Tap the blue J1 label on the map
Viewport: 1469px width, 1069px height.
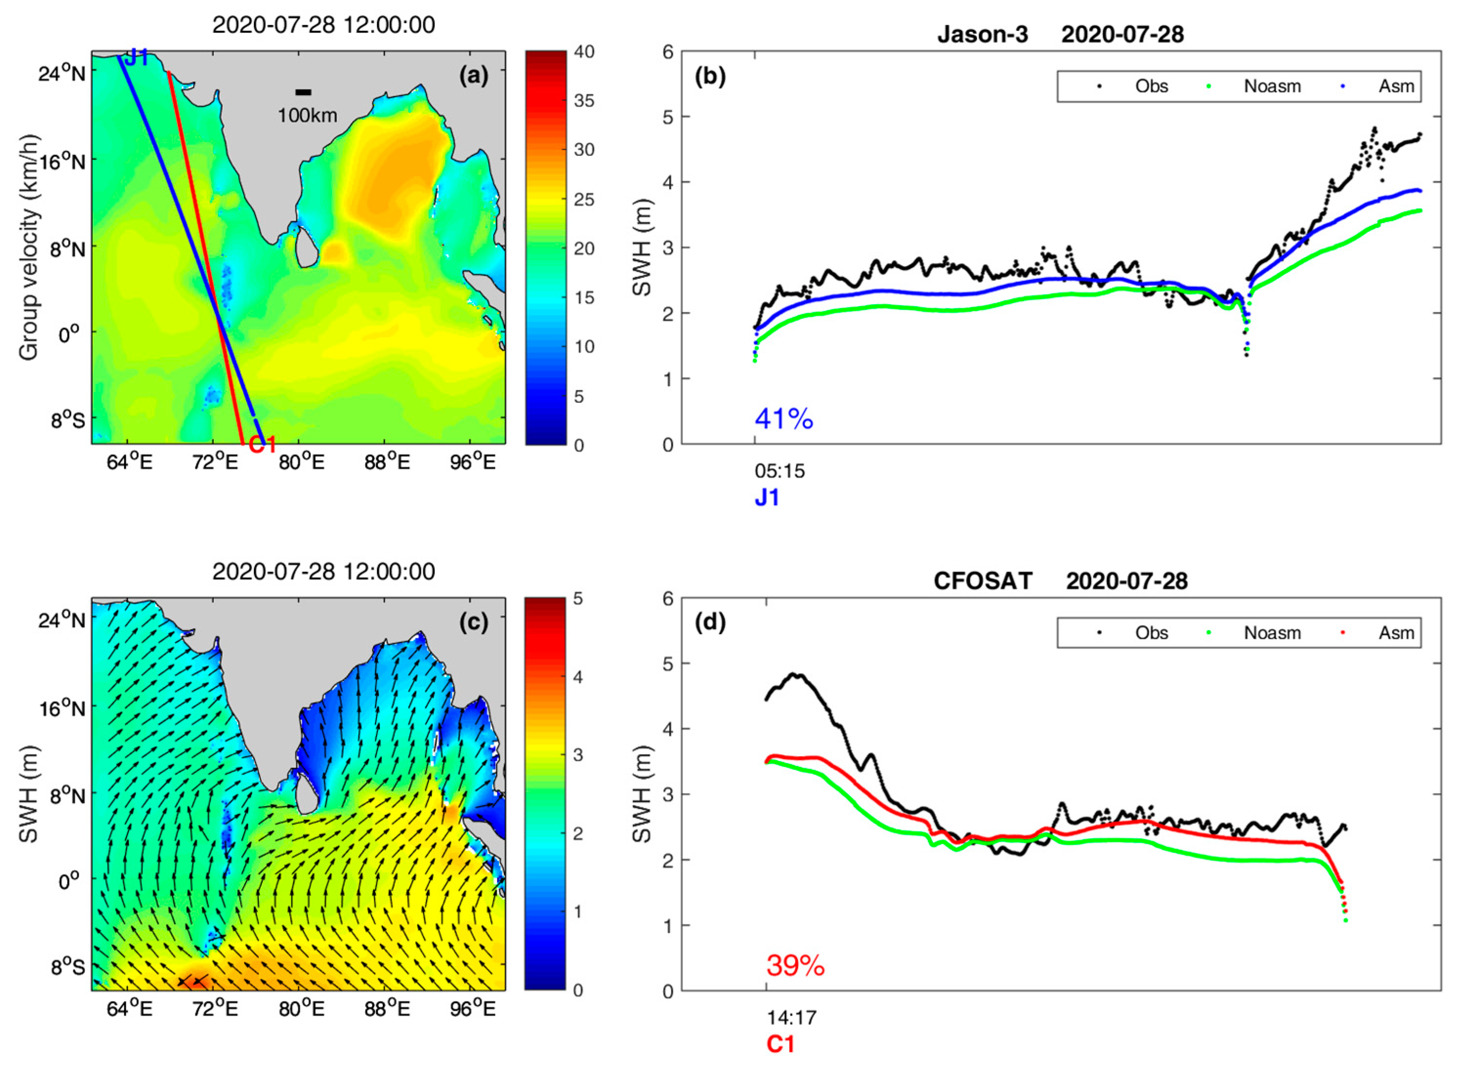[137, 58]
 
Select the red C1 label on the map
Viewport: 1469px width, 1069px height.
[262, 445]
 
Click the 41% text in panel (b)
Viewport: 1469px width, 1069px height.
[784, 419]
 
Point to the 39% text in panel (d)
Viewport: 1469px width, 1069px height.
[796, 966]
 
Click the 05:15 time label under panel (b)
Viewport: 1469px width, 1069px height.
[779, 471]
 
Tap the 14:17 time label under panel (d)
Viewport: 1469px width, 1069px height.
[792, 1018]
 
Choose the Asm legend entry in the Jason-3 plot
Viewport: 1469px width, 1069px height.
[1396, 86]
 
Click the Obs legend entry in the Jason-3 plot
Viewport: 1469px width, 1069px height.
[1151, 86]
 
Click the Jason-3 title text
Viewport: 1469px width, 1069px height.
[982, 34]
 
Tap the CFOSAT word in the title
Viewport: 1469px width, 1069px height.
[982, 581]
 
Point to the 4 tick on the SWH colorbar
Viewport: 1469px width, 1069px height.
[578, 677]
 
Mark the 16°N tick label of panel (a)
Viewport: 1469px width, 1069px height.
[62, 161]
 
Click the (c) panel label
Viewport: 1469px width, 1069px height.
[474, 622]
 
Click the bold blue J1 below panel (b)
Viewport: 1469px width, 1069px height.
[767, 497]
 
